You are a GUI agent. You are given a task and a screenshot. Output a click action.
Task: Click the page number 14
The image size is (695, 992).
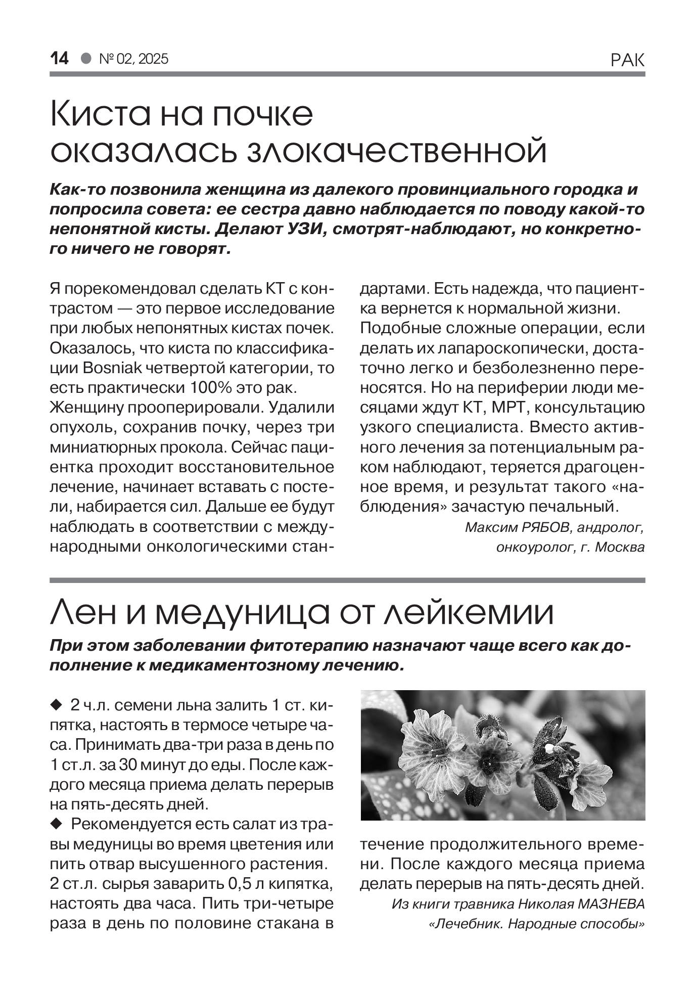(x=59, y=59)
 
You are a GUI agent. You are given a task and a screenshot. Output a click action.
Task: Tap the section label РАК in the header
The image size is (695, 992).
(x=627, y=60)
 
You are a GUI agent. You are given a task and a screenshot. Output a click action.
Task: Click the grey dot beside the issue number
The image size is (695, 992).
(x=86, y=59)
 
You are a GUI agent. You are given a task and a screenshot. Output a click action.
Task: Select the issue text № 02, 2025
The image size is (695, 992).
(x=134, y=59)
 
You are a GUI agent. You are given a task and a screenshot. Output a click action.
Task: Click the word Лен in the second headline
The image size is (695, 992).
(x=84, y=613)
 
